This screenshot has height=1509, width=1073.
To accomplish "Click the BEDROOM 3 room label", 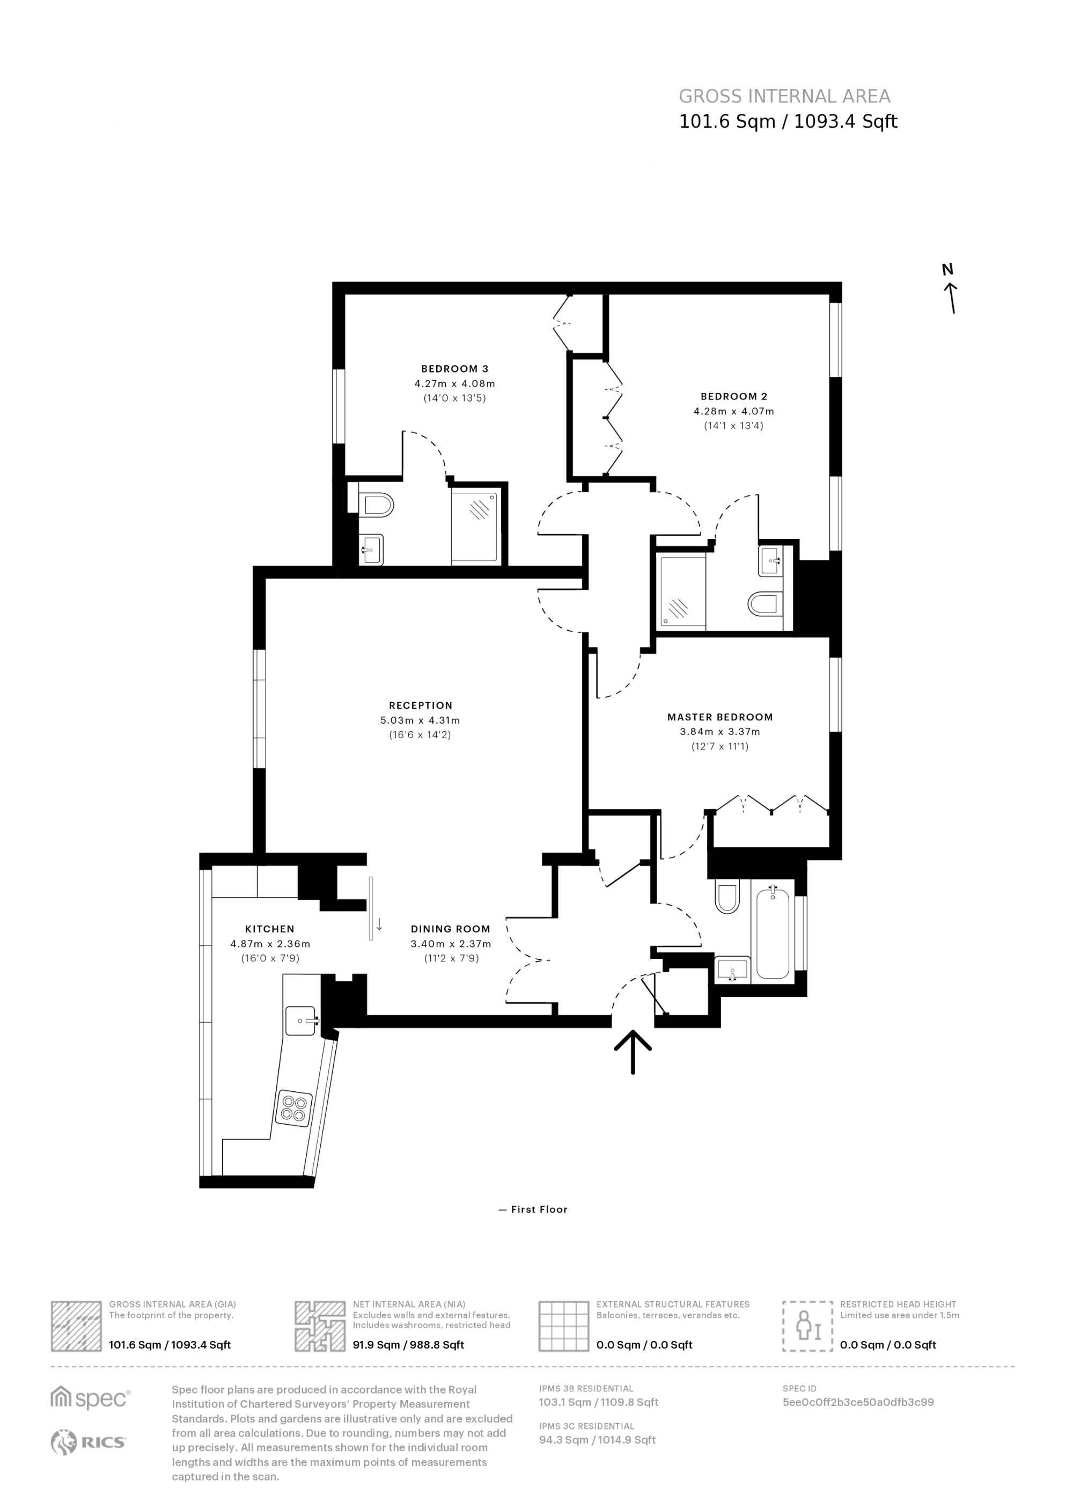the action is tap(454, 369).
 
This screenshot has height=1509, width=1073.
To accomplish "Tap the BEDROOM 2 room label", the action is tap(734, 397).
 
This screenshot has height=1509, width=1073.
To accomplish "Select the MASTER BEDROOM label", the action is tap(719, 717).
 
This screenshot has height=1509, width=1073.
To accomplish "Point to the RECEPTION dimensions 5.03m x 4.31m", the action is tap(420, 720).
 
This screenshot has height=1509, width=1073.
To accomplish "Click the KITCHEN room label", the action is tap(269, 929).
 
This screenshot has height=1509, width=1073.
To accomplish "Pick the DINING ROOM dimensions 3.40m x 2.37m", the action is tap(451, 944).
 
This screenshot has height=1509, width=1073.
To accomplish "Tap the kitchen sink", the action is tap(303, 1020).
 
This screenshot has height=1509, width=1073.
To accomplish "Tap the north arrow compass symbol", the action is tap(950, 289).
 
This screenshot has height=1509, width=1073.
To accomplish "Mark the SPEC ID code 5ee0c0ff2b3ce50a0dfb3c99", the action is tap(858, 1403).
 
